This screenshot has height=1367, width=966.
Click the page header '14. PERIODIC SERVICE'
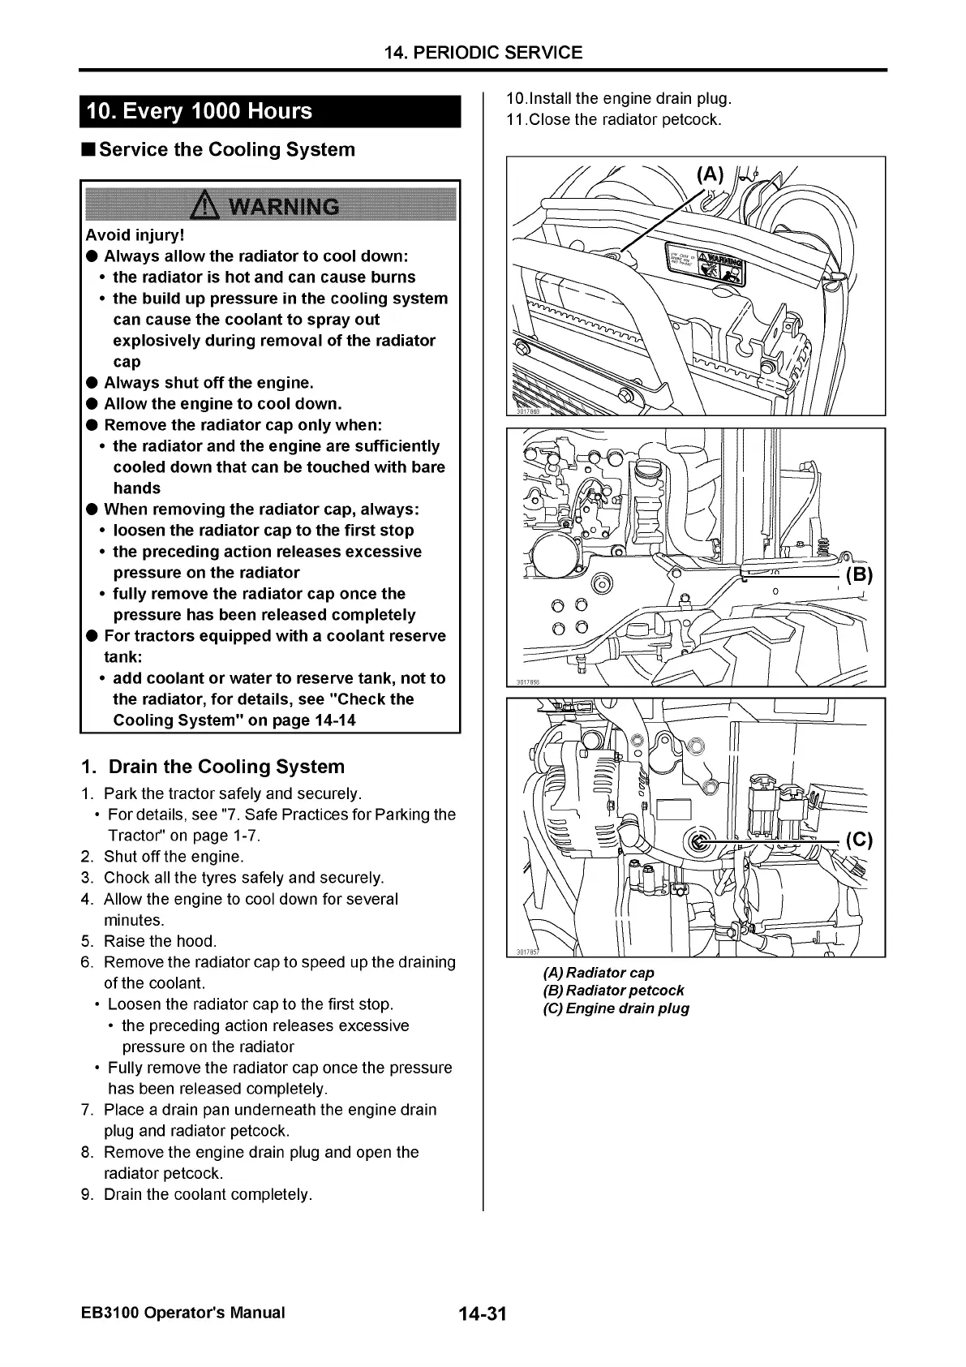[483, 53]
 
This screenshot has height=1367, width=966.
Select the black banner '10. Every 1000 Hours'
[199, 111]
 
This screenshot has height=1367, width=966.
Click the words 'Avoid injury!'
[135, 235]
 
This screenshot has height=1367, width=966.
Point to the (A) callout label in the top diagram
[710, 174]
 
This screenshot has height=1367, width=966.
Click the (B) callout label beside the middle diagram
[859, 575]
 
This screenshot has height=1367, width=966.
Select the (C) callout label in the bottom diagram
[859, 840]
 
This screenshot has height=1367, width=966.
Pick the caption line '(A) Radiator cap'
[599, 972]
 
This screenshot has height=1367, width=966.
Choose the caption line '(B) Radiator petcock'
[613, 990]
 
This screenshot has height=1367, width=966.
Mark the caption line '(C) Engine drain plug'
[616, 1008]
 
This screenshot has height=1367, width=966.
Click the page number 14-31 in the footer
[482, 1313]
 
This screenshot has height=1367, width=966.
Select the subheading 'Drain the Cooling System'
[226, 767]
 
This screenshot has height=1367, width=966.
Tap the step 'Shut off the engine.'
[174, 857]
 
